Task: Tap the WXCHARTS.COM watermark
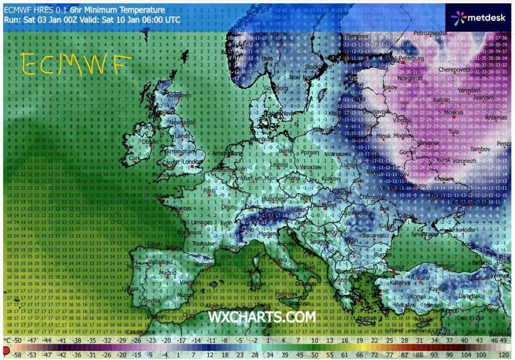[262, 317]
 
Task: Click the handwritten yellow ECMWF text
[76, 64]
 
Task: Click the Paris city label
[209, 190]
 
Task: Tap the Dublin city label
[150, 142]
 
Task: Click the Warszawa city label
[338, 154]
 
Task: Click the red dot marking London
[192, 166]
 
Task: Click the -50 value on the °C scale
[16, 341]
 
